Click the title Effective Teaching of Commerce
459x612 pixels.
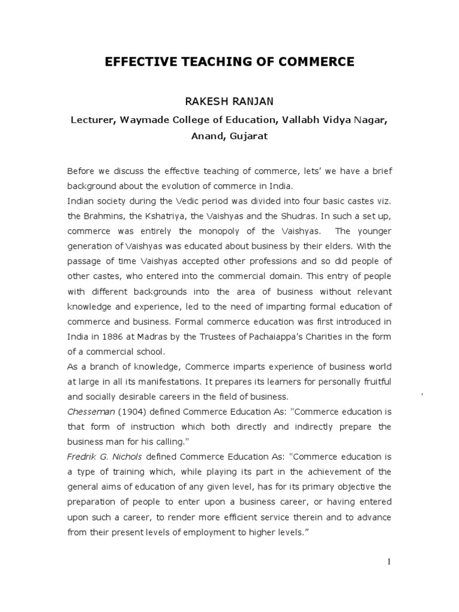[229, 62]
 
